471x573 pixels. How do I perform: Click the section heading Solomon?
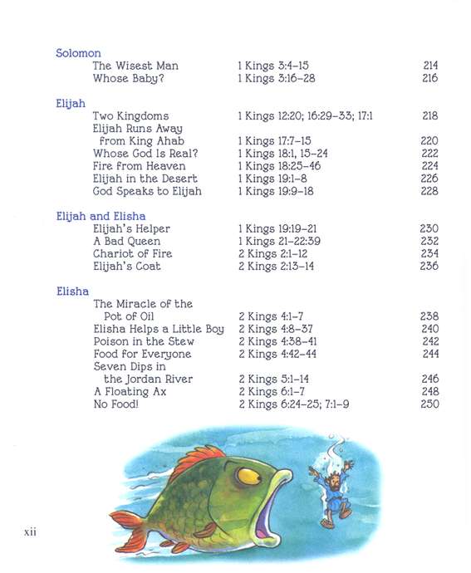pos(78,53)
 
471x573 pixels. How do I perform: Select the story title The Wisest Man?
pos(135,66)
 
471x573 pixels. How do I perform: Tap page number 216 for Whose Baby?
pos(429,78)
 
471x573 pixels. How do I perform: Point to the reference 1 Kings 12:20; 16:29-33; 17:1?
pos(305,116)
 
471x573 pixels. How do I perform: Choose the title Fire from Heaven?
pos(139,166)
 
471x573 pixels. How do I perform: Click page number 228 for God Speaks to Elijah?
pos(429,191)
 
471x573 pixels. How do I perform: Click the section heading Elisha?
pos(72,291)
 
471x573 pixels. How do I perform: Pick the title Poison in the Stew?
pos(144,341)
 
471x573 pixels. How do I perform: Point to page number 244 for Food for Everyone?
pos(429,354)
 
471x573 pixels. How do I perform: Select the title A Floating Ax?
pos(130,391)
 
